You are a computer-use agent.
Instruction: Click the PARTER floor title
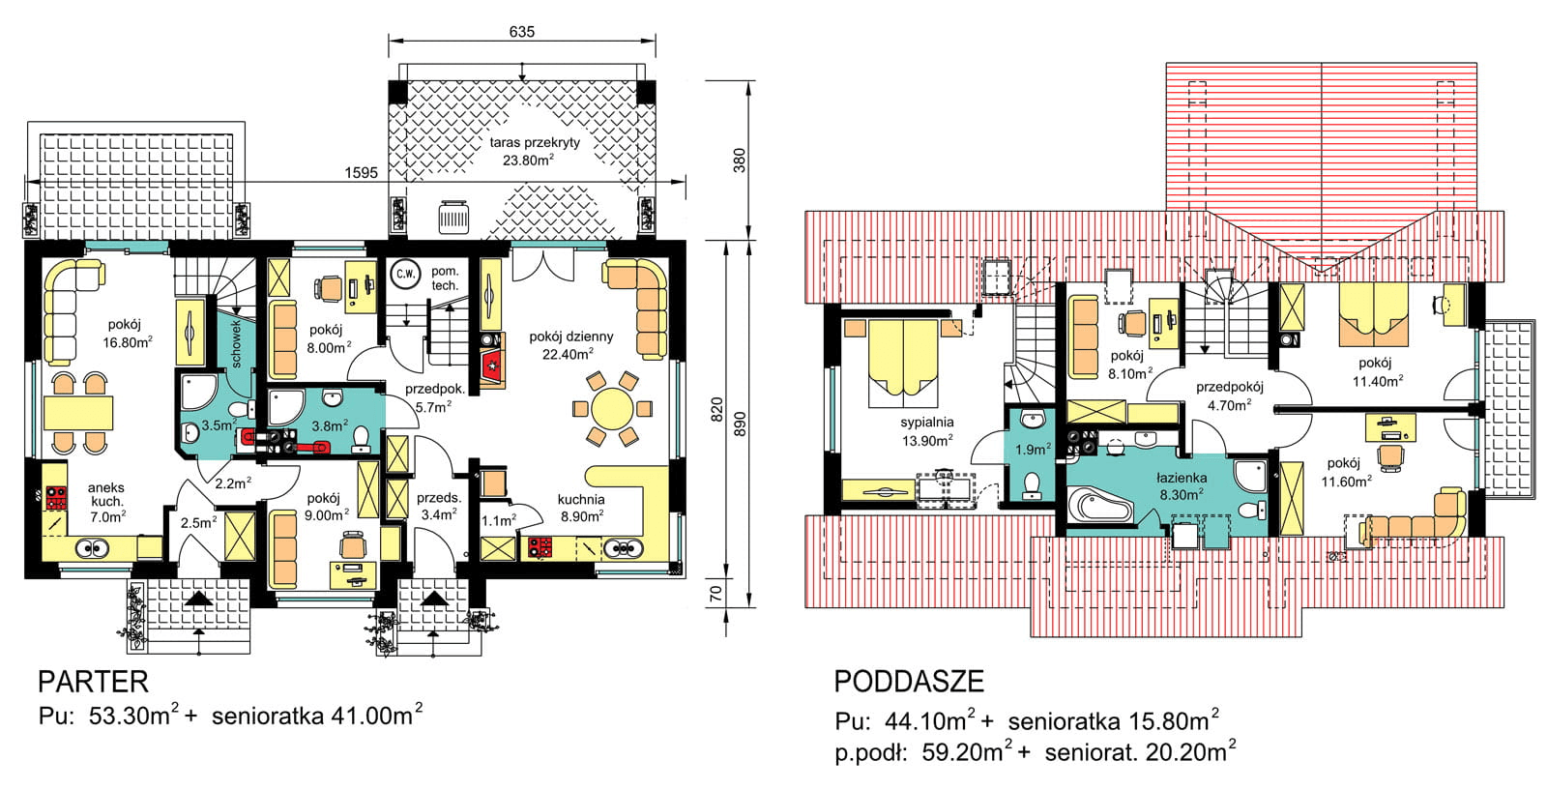(x=93, y=682)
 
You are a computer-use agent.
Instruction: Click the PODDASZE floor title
(x=909, y=682)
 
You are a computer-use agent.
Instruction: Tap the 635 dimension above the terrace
(x=521, y=32)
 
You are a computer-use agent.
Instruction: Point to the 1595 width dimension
(x=362, y=173)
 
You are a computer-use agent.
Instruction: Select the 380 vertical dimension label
(x=739, y=161)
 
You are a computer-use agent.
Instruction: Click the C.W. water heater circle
(x=405, y=275)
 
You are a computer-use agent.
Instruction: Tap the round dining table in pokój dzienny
(x=612, y=408)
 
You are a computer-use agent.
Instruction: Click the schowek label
(x=236, y=343)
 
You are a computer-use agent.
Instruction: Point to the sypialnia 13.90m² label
(x=927, y=431)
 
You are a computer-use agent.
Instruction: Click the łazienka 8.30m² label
(x=1182, y=485)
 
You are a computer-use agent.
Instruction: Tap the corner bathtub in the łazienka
(x=1099, y=506)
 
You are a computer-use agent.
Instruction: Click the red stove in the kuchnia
(x=540, y=547)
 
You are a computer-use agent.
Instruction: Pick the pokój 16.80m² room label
(x=127, y=333)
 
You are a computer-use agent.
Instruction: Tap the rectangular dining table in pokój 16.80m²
(x=78, y=413)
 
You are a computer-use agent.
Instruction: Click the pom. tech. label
(x=445, y=278)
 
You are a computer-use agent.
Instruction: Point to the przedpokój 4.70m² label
(x=1229, y=396)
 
